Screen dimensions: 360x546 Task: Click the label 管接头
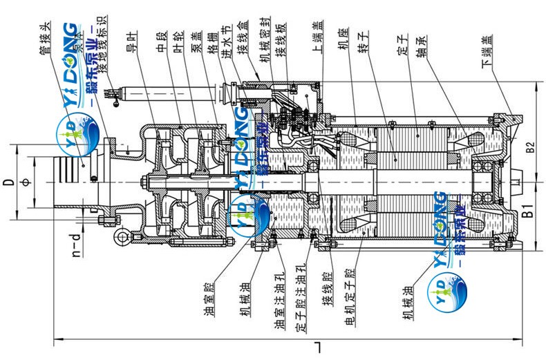pyautogui.click(x=47, y=38)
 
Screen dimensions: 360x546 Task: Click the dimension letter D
pyautogui.click(x=8, y=182)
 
